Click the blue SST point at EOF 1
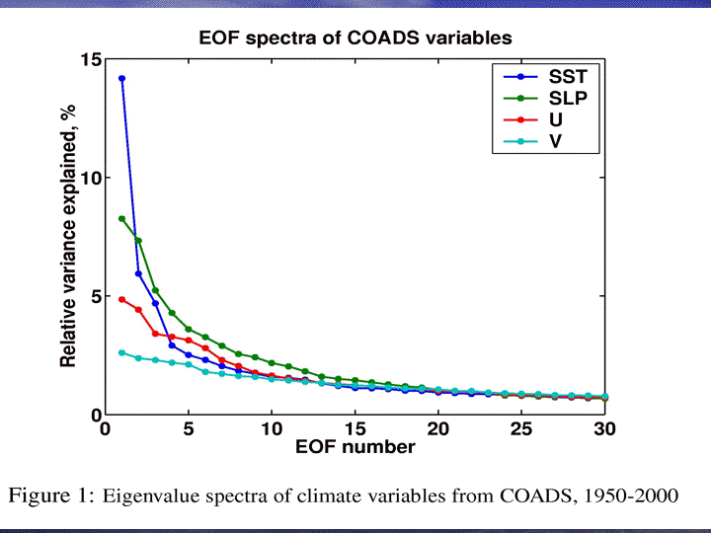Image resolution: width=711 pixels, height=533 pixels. coord(121,78)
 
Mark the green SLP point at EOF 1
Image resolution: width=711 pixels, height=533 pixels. coord(121,218)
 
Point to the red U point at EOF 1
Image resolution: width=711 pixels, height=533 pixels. coord(121,299)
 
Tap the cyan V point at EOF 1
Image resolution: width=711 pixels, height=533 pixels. coord(121,352)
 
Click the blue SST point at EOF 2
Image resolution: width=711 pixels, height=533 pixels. coord(138,273)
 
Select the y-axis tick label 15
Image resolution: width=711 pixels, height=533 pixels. coord(91,60)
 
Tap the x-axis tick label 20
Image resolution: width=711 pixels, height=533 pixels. coord(437,429)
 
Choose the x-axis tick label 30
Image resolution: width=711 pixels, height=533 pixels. coord(604,429)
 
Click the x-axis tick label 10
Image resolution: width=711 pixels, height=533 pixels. coord(272,429)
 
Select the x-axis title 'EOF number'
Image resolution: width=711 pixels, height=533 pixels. coord(355,447)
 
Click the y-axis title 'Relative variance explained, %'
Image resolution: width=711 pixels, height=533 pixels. coord(69,237)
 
